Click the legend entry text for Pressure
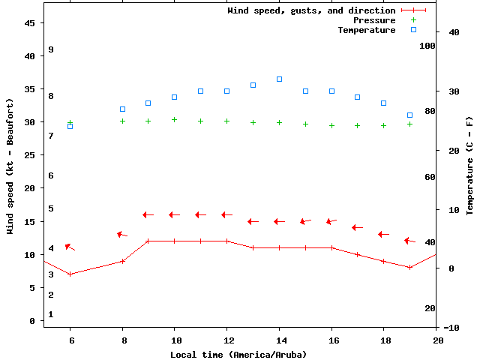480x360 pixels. pyautogui.click(x=374, y=20)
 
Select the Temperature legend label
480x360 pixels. pyautogui.click(x=366, y=30)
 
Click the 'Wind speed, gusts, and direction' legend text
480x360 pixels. pyautogui.click(x=311, y=10)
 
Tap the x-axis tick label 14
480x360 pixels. pyautogui.click(x=279, y=340)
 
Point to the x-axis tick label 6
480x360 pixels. pyautogui.click(x=70, y=340)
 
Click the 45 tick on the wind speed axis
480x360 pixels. pyautogui.click(x=30, y=23)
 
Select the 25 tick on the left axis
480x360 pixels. pyautogui.click(x=30, y=155)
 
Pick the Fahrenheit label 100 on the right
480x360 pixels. pyautogui.click(x=427, y=45)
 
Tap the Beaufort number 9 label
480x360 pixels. pyautogui.click(x=51, y=49)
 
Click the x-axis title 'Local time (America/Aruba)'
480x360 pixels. pyautogui.click(x=238, y=354)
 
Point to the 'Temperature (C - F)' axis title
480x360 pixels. pyautogui.click(x=469, y=165)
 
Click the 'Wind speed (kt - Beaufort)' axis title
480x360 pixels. pyautogui.click(x=10, y=166)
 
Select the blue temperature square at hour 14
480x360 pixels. pyautogui.click(x=279, y=79)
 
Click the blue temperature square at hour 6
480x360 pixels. pyautogui.click(x=70, y=126)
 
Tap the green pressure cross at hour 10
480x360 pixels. pyautogui.click(x=174, y=119)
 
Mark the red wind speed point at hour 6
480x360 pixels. pyautogui.click(x=70, y=274)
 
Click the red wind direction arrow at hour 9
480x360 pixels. pyautogui.click(x=148, y=214)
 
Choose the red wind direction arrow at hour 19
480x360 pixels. pyautogui.click(x=409, y=241)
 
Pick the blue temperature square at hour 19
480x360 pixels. pyautogui.click(x=409, y=115)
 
